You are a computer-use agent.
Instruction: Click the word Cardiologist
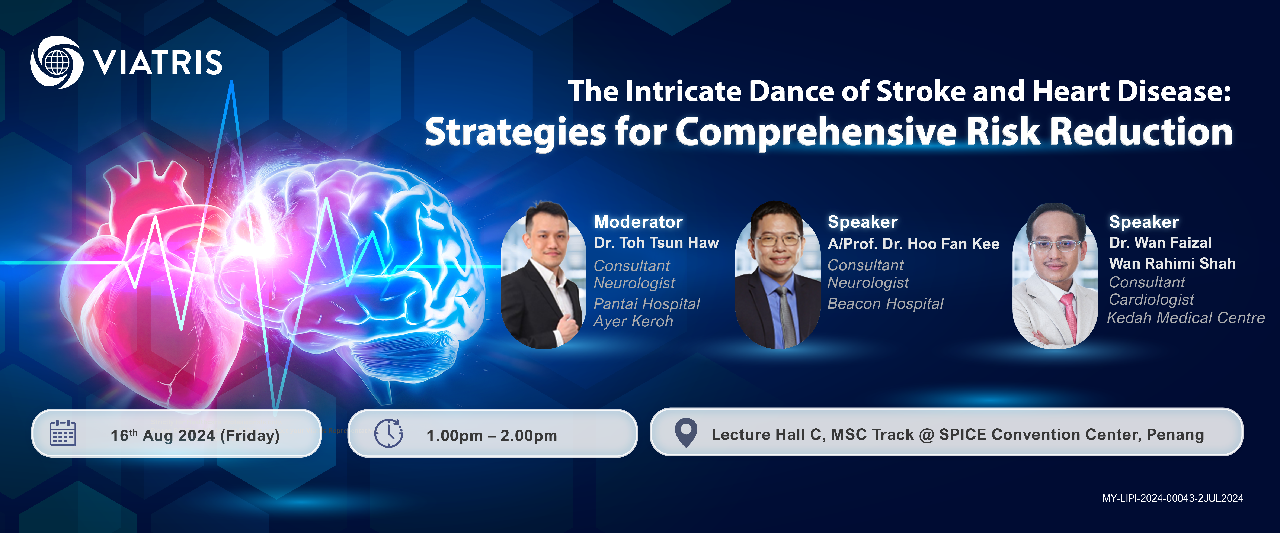(1151, 300)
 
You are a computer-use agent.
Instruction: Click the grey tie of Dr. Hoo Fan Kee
(788, 318)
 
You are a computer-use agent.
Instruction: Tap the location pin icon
(686, 433)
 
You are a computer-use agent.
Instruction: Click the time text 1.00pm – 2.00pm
(492, 436)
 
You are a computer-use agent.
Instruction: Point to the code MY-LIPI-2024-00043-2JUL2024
(1173, 498)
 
